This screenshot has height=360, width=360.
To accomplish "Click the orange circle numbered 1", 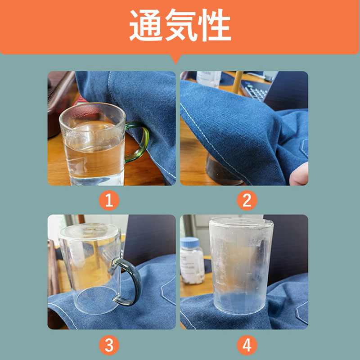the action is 109,200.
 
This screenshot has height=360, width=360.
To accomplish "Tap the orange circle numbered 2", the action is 247,200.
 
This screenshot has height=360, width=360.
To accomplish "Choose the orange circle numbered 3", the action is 109,345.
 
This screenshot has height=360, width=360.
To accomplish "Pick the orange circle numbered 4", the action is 247,345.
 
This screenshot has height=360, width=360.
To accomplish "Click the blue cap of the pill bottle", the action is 189,243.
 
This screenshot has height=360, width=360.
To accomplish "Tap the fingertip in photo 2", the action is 299,175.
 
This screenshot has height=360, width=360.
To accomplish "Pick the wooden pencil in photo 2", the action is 237,82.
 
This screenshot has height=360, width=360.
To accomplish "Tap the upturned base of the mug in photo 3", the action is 90,232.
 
